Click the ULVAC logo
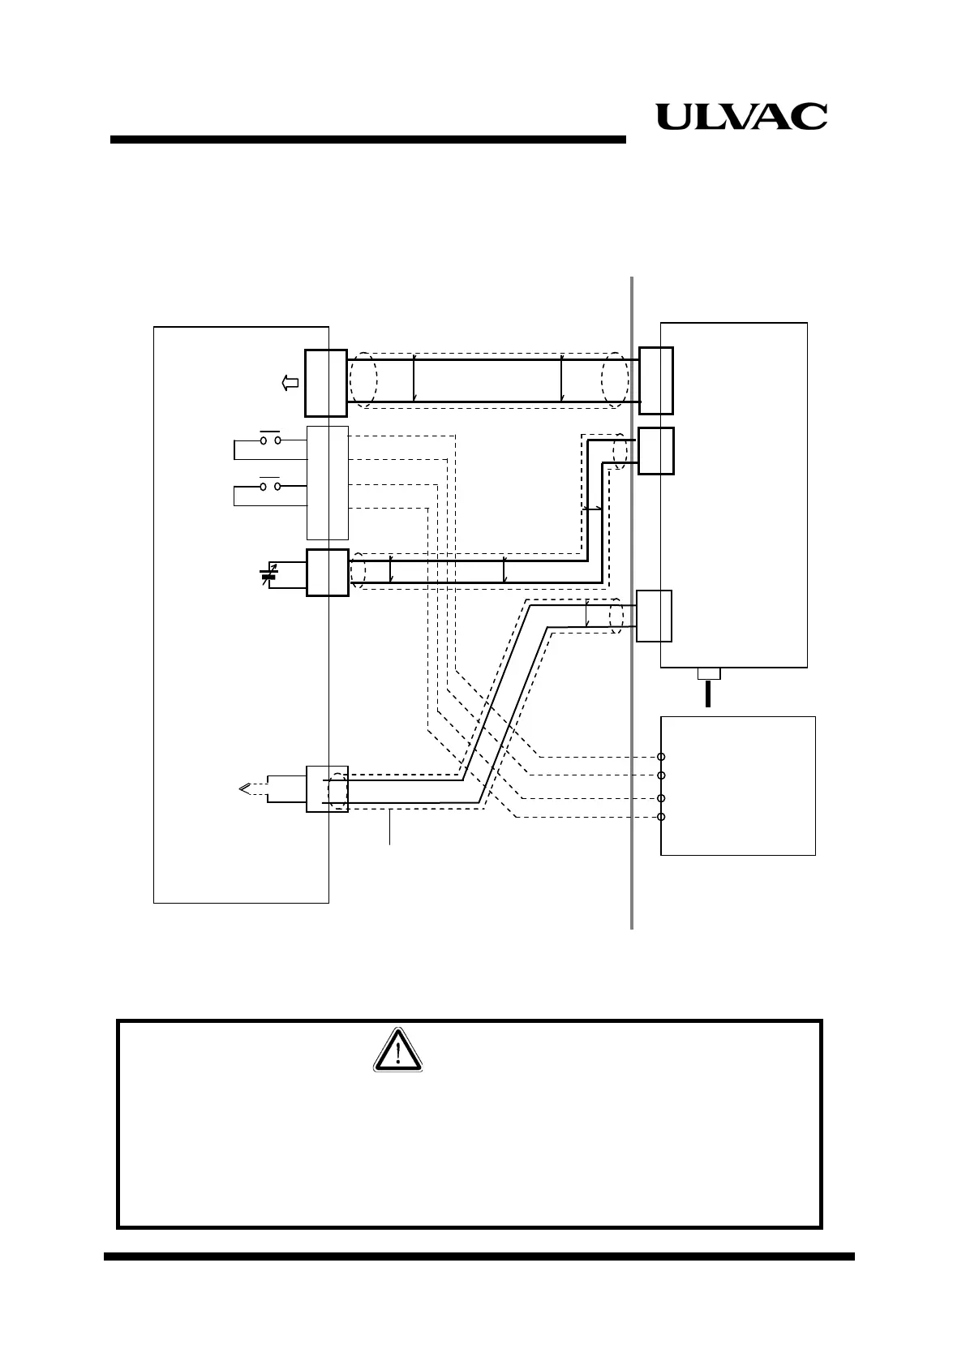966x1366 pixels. click(x=741, y=117)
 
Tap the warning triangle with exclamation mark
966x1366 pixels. click(x=398, y=1050)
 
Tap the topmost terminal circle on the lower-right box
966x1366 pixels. click(x=661, y=757)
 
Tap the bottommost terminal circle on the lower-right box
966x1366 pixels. click(x=661, y=817)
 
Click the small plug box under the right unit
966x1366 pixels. click(x=709, y=673)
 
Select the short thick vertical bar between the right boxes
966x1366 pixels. click(x=708, y=694)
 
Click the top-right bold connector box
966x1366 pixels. click(x=655, y=380)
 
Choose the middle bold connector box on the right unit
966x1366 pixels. click(x=655, y=450)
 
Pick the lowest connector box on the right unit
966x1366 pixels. click(x=654, y=616)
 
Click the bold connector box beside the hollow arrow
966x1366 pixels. click(x=326, y=383)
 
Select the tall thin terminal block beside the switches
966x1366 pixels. click(x=328, y=483)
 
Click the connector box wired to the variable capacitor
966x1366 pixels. click(x=328, y=573)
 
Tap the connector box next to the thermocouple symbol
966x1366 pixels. click(x=327, y=788)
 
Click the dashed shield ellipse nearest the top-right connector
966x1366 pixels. click(x=615, y=380)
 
